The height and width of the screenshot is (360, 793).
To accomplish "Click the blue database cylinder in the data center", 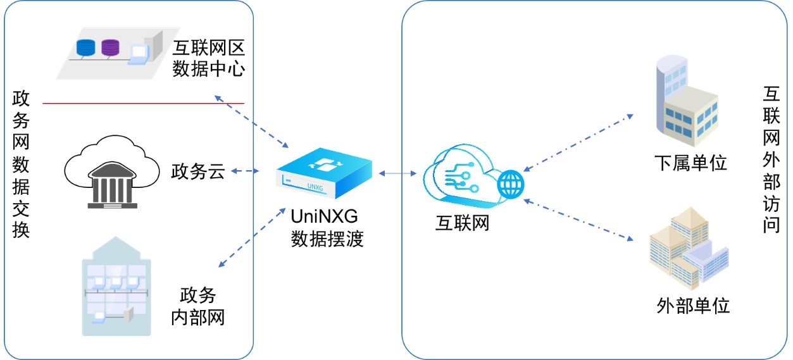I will click(x=84, y=47).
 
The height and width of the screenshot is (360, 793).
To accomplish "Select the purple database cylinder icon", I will click(x=110, y=47).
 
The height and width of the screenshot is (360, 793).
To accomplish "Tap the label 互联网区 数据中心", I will click(x=208, y=58).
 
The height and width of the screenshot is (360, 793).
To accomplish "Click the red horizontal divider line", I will click(x=143, y=102).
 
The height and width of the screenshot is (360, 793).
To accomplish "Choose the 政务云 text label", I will click(x=197, y=171).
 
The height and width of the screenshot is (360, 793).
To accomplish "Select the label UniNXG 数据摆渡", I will click(x=327, y=227).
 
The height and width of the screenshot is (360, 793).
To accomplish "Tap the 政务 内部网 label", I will click(x=198, y=306).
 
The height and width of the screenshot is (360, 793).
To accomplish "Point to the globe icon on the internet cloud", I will click(x=511, y=184).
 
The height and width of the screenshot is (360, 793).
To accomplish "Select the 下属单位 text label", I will click(x=690, y=163).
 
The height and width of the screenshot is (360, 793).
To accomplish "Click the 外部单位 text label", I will click(x=693, y=306).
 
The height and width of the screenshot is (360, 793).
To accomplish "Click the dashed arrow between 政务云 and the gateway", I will click(x=246, y=171).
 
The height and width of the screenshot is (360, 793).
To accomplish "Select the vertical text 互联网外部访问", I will click(x=771, y=159).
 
